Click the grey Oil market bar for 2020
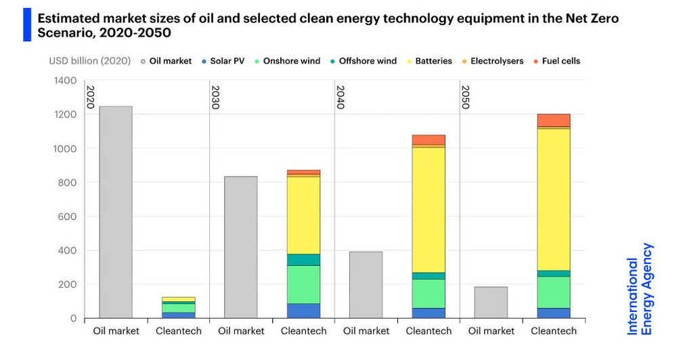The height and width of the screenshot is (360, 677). [x=116, y=212]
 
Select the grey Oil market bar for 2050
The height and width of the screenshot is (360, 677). [x=491, y=302]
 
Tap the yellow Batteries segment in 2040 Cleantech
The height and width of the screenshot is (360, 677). [x=429, y=210]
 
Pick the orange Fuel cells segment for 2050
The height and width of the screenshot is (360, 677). [x=554, y=120]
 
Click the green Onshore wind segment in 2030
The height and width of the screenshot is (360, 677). [x=303, y=284]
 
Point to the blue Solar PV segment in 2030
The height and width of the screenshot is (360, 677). [x=303, y=311]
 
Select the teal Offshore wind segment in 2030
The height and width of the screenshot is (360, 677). [x=303, y=260]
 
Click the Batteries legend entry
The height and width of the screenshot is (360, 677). [x=429, y=61]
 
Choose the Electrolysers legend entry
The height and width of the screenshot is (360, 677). [x=493, y=61]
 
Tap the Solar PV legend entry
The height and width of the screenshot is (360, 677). [x=223, y=61]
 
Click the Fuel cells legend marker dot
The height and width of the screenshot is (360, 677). [x=536, y=62]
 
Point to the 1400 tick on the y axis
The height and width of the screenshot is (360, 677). [x=65, y=81]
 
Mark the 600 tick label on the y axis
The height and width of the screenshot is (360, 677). [x=67, y=217]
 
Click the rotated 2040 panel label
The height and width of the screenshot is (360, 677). [x=341, y=97]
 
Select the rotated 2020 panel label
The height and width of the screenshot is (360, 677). [x=90, y=97]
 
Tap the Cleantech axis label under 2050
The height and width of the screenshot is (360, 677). [x=554, y=331]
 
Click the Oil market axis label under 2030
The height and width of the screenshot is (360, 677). [x=241, y=331]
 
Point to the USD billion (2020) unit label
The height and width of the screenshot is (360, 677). [x=90, y=61]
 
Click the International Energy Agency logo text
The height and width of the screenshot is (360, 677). [x=640, y=289]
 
